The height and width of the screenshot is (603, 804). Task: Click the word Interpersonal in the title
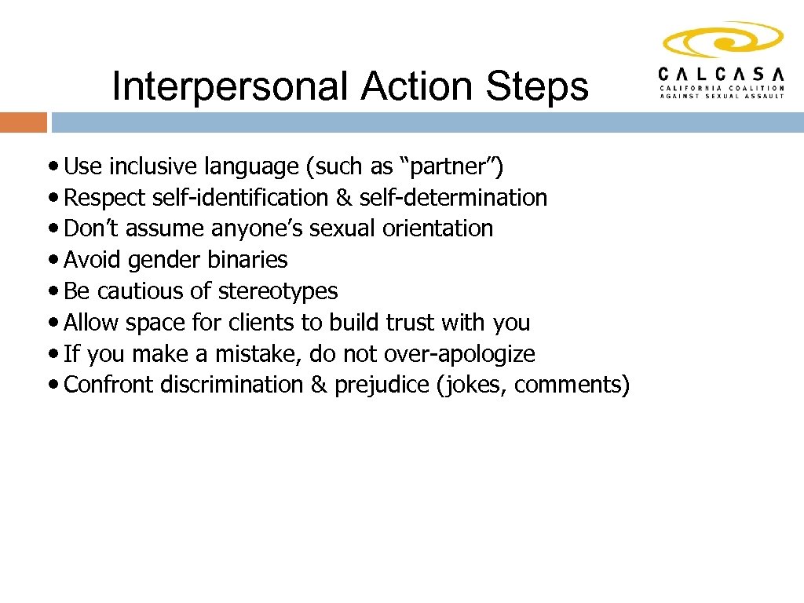(231, 86)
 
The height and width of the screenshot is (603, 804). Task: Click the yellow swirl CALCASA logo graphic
(722, 42)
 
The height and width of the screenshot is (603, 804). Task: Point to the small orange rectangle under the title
(24, 122)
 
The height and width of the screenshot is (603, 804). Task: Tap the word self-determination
(453, 198)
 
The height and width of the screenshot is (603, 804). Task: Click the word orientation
(437, 228)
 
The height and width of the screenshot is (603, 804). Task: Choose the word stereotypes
(278, 291)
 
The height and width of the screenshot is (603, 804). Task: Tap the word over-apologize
(459, 354)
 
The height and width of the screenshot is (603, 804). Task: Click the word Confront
(109, 385)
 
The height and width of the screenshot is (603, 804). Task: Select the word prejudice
(382, 385)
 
